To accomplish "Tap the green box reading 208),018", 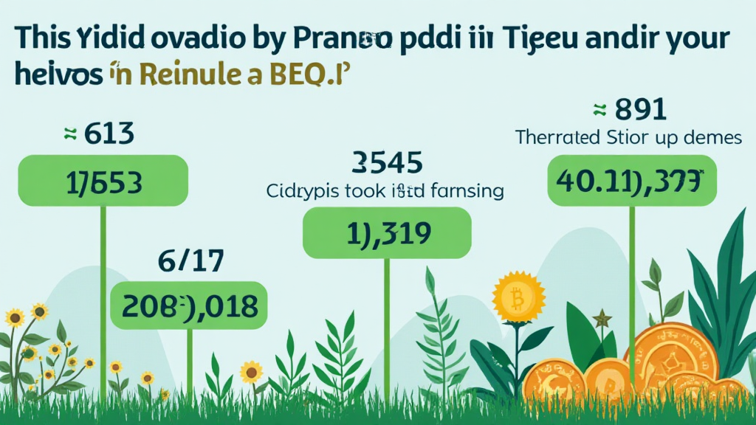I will click(189, 305).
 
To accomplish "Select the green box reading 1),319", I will click(387, 232).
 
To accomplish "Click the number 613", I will click(109, 134).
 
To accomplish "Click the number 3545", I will click(388, 161).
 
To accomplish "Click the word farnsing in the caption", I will click(464, 191).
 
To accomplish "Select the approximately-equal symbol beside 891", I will click(600, 110).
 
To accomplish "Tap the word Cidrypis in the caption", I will click(301, 191).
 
